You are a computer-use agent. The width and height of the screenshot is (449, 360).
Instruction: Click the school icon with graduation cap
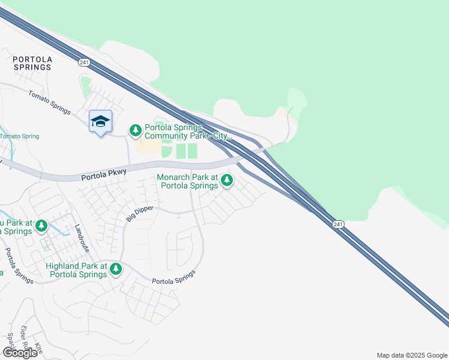tap(100, 121)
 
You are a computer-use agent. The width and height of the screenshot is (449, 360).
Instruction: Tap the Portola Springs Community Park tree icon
tap(136, 130)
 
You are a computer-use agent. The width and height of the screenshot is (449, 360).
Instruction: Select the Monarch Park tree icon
tap(226, 179)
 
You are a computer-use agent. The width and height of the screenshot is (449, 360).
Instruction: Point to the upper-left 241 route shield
tap(83, 62)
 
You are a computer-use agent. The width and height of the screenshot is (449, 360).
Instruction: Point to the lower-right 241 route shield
tap(338, 224)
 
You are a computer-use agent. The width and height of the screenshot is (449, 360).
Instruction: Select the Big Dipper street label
tap(139, 214)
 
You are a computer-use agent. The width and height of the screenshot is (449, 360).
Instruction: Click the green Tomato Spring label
tap(19, 136)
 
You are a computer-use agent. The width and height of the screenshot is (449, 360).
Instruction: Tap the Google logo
tap(20, 352)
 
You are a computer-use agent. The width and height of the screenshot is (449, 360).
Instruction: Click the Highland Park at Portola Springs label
tap(76, 270)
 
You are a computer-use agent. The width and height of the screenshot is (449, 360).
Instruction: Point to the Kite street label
tap(40, 348)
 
